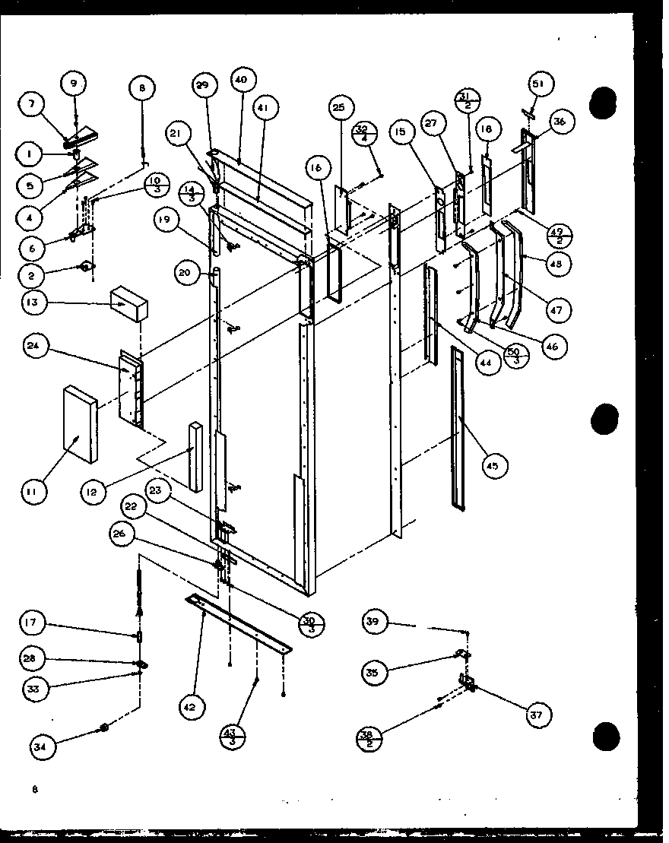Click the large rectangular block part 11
[80, 423]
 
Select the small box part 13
[129, 303]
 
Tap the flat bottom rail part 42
[239, 623]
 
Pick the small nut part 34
[105, 730]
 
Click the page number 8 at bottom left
[34, 790]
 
